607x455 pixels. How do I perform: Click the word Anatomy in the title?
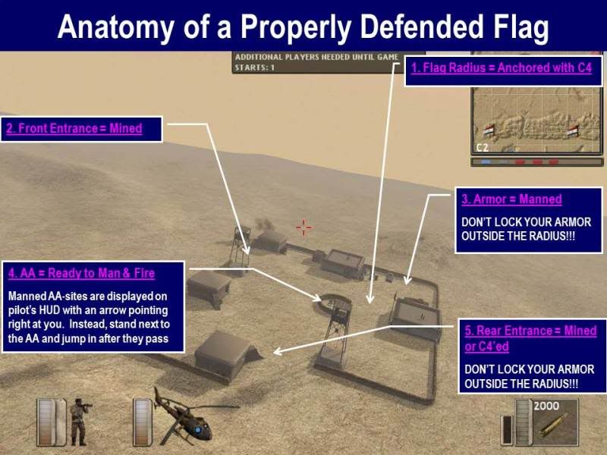point(116,28)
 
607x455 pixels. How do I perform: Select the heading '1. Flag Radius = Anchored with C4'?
point(502,68)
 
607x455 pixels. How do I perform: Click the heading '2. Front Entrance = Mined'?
point(74,128)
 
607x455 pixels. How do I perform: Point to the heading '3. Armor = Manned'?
point(511,199)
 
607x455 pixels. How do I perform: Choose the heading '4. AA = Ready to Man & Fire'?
point(81,273)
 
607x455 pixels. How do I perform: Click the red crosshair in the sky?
point(304,227)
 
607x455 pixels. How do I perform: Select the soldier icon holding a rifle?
point(80,422)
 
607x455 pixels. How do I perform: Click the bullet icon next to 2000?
point(554,425)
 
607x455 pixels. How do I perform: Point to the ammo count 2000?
point(546,406)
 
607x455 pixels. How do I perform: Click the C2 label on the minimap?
point(483,147)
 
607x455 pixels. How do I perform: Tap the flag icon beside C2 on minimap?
point(489,130)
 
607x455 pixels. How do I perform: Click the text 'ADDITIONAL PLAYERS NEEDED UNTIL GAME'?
point(316,58)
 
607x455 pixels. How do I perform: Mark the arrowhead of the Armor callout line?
point(407,281)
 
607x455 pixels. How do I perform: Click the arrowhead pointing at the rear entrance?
point(277,351)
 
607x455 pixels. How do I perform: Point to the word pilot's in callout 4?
point(21,311)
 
